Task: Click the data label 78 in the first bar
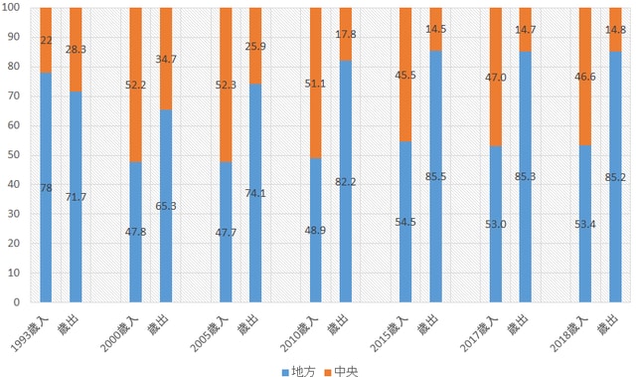point(45,186)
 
